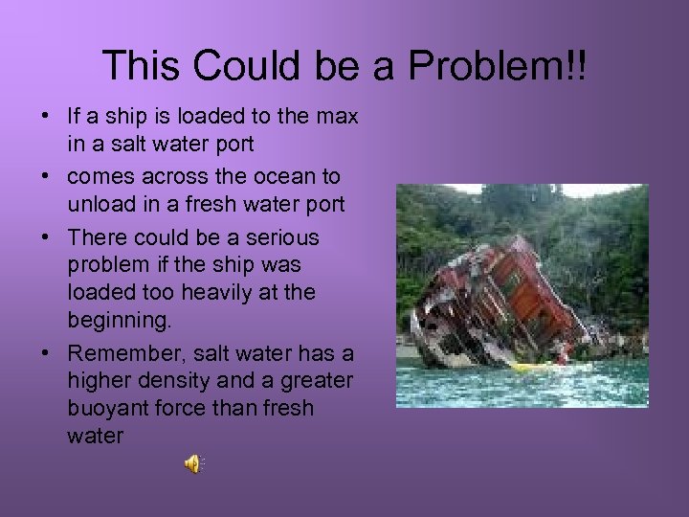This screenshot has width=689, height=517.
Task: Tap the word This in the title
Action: (x=141, y=66)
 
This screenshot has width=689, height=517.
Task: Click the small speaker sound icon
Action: (x=192, y=464)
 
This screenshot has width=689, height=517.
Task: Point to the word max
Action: (x=337, y=117)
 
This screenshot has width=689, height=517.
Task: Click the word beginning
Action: (x=114, y=320)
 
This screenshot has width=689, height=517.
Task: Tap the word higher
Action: (x=100, y=380)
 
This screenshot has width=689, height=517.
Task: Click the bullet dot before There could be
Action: (x=46, y=236)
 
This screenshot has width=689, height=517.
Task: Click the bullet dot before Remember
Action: (x=46, y=351)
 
